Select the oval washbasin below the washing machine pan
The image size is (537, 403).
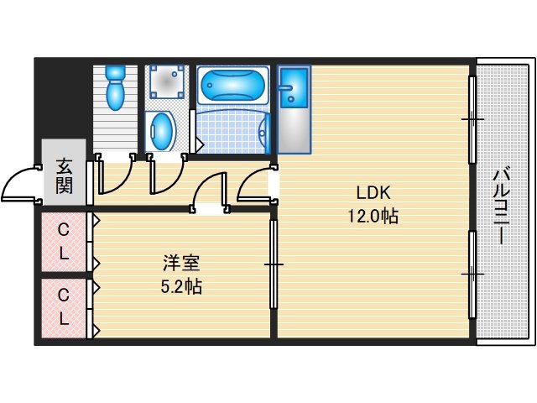click(x=162, y=131)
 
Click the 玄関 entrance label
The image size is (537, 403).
click(x=64, y=175)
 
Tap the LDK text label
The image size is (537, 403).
click(x=372, y=189)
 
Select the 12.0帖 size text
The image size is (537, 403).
click(x=372, y=216)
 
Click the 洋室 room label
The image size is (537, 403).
click(x=180, y=261)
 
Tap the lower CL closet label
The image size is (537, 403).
click(x=64, y=306)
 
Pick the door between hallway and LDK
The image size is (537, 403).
click(x=254, y=186)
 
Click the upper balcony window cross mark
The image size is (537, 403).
click(x=472, y=119)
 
